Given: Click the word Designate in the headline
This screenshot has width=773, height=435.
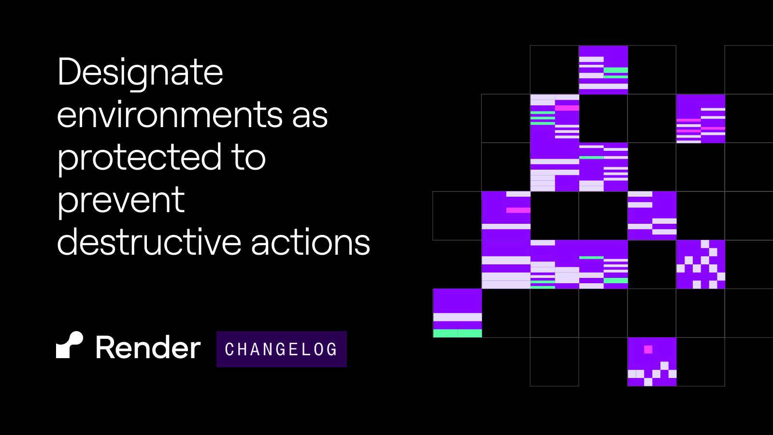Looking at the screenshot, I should pyautogui.click(x=140, y=72).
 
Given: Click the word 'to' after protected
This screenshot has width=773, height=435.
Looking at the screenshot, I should pyautogui.click(x=248, y=159).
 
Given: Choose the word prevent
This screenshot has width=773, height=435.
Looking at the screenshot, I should pyautogui.click(x=121, y=201).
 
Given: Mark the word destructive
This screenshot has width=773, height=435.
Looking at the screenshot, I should pyautogui.click(x=149, y=243).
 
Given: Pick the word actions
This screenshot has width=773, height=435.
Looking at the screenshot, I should pyautogui.click(x=310, y=243).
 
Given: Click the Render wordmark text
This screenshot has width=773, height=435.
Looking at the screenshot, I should pyautogui.click(x=148, y=348).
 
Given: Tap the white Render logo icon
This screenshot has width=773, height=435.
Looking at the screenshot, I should pyautogui.click(x=70, y=345).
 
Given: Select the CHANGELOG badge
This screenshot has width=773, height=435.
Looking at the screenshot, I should pyautogui.click(x=281, y=349).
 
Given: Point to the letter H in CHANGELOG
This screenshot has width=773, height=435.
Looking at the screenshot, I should pyautogui.click(x=243, y=349).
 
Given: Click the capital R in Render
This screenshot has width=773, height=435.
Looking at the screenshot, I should pyautogui.click(x=105, y=348).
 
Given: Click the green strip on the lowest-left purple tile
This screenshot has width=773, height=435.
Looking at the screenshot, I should pyautogui.click(x=457, y=333).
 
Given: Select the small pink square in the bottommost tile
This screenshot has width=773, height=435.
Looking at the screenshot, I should pyautogui.click(x=648, y=349).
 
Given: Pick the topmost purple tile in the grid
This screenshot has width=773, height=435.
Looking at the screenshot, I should pyautogui.click(x=603, y=70).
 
